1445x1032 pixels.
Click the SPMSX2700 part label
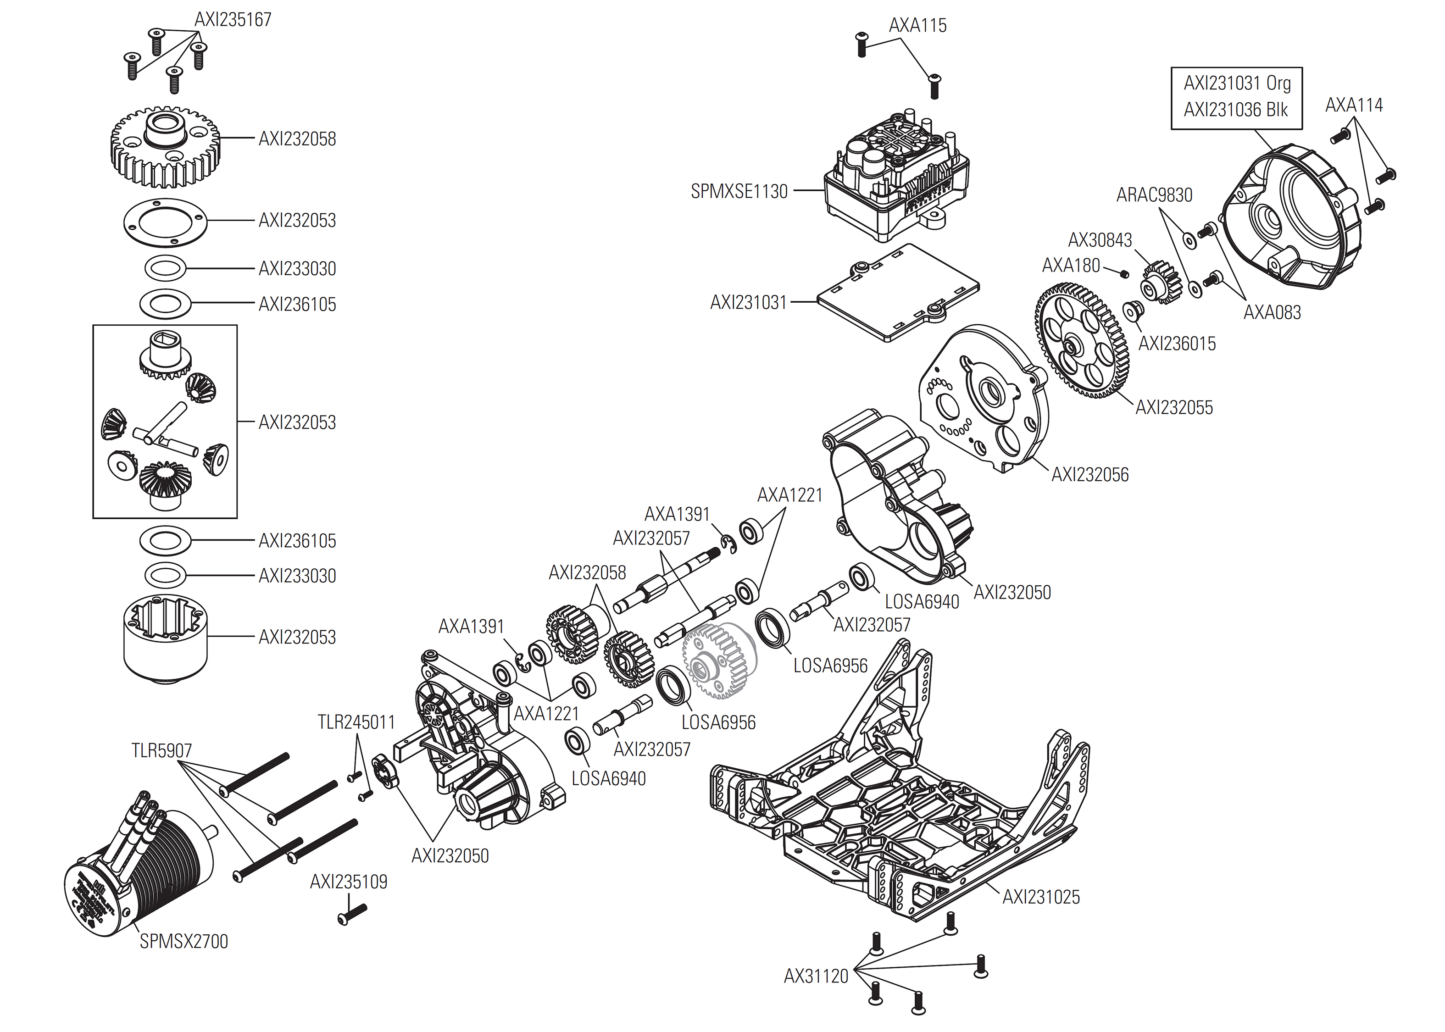click(x=183, y=941)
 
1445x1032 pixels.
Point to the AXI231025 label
click(x=1041, y=897)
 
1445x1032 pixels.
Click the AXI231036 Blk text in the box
click(x=1236, y=110)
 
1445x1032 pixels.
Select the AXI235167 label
click(x=233, y=20)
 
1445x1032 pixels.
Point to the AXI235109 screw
click(x=353, y=914)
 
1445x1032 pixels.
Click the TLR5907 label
click(x=161, y=750)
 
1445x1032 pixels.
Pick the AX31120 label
click(x=816, y=976)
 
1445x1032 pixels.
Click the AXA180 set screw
click(x=1124, y=273)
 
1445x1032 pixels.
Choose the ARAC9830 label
click(x=1154, y=195)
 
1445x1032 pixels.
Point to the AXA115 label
click(x=917, y=25)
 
